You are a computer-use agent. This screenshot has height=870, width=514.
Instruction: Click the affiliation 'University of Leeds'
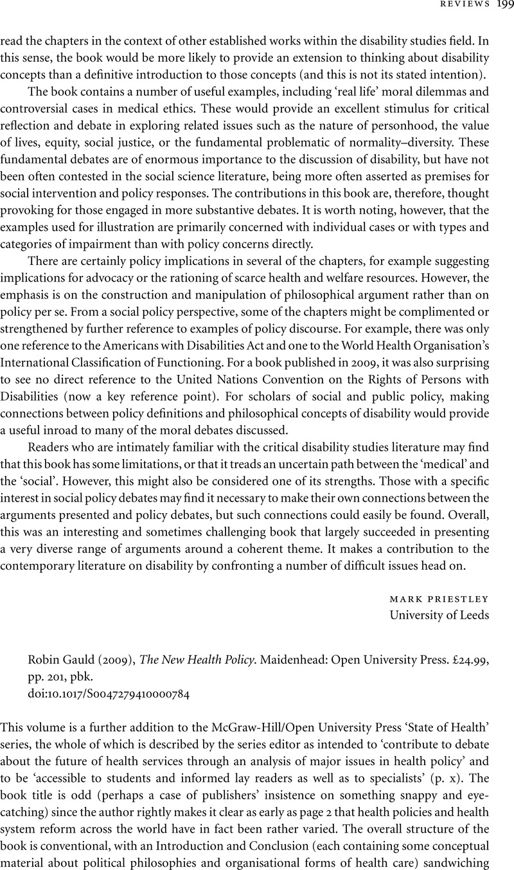click(x=439, y=615)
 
